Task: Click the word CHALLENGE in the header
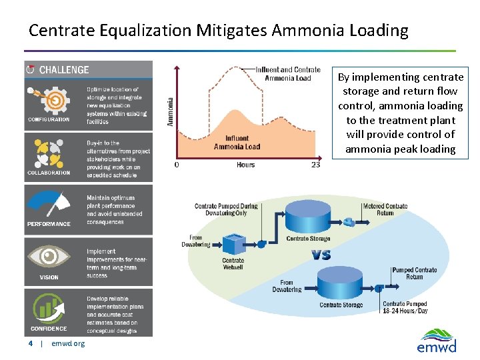click(x=64, y=70)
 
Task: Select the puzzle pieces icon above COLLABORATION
click(x=47, y=153)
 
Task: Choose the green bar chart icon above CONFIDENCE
click(x=48, y=309)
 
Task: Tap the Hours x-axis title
click(x=245, y=165)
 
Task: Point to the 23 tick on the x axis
click(x=315, y=165)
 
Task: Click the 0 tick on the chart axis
click(x=176, y=165)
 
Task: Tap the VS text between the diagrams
click(x=321, y=255)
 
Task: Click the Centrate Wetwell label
click(x=233, y=264)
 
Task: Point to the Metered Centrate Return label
click(x=385, y=209)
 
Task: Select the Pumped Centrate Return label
click(x=414, y=273)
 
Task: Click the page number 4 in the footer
click(x=30, y=343)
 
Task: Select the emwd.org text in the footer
click(x=68, y=343)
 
